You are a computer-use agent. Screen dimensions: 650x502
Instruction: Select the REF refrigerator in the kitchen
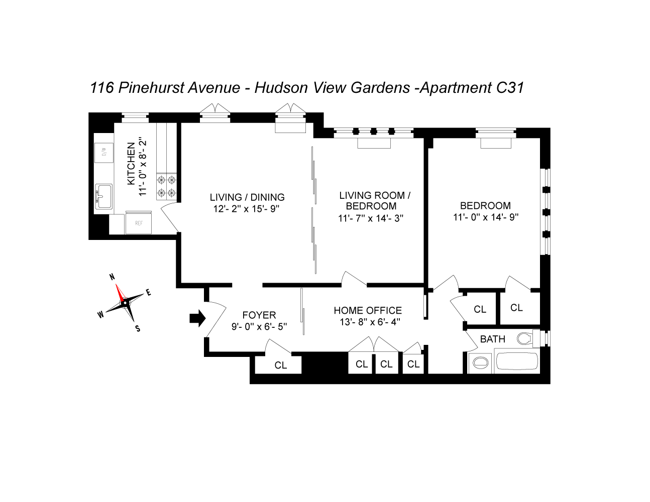click(139, 223)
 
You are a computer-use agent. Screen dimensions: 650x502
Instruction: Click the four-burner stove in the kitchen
click(167, 186)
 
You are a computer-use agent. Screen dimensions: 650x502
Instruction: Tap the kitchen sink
click(104, 196)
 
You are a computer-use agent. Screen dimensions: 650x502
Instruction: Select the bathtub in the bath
click(516, 362)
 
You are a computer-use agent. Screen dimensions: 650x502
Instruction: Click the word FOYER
click(259, 315)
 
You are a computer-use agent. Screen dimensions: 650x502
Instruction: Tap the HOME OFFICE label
click(368, 311)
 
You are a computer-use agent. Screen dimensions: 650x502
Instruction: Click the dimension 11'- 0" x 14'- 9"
click(485, 217)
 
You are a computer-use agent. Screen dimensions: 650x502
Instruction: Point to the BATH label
click(493, 339)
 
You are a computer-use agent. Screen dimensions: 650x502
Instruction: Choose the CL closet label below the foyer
click(280, 365)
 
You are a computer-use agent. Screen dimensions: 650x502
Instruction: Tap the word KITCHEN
click(131, 164)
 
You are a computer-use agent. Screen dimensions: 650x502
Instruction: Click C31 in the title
click(510, 88)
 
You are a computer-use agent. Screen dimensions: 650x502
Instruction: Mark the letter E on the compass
click(149, 292)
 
